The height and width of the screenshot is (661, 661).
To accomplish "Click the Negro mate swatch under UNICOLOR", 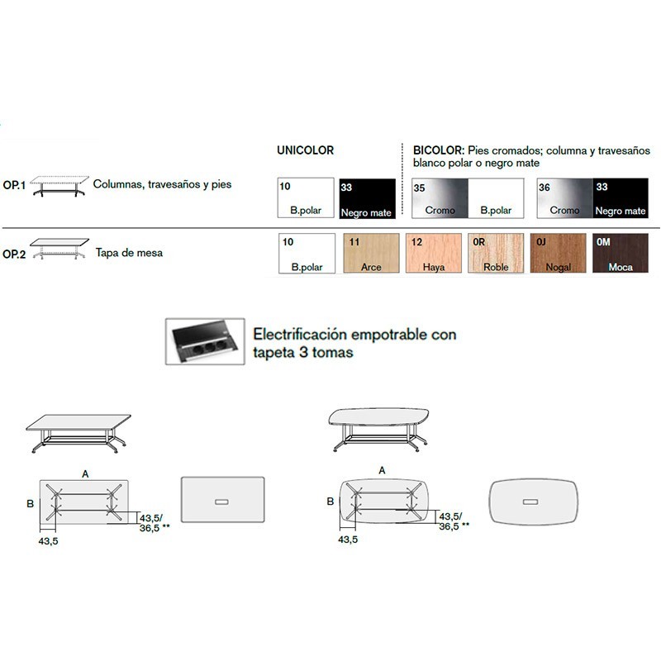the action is [x=367, y=198].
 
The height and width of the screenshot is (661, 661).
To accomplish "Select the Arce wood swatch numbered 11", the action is [x=371, y=254].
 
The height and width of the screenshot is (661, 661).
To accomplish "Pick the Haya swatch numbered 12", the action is [x=433, y=254].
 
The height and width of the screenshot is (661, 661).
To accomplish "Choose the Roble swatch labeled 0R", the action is [x=496, y=254].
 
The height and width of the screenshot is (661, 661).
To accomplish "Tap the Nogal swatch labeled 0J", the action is [x=559, y=254].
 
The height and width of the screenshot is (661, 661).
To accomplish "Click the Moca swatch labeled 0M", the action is [x=621, y=254].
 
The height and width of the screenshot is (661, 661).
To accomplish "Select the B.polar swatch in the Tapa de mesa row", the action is [x=307, y=254].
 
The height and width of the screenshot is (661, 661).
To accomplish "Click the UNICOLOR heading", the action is [x=305, y=150].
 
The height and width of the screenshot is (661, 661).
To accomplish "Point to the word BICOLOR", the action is [x=437, y=150].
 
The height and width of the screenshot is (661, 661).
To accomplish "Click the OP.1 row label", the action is [x=14, y=185].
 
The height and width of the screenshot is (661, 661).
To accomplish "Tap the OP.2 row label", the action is [x=14, y=254].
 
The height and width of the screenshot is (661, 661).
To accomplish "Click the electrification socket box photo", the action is [x=205, y=341].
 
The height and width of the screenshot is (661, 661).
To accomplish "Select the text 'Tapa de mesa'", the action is [x=129, y=253].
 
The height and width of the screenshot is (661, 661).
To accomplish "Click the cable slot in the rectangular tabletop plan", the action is [x=221, y=502].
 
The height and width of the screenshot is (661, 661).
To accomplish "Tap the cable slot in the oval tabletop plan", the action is [x=530, y=502].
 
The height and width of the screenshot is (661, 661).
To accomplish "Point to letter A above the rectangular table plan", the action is [x=85, y=474].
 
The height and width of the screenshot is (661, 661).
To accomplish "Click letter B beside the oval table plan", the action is [x=330, y=502].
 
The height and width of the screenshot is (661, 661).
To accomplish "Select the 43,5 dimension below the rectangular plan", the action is [x=48, y=541].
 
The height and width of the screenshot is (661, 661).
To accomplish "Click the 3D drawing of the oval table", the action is [x=378, y=430].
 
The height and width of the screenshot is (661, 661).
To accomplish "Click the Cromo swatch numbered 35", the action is [x=440, y=198].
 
